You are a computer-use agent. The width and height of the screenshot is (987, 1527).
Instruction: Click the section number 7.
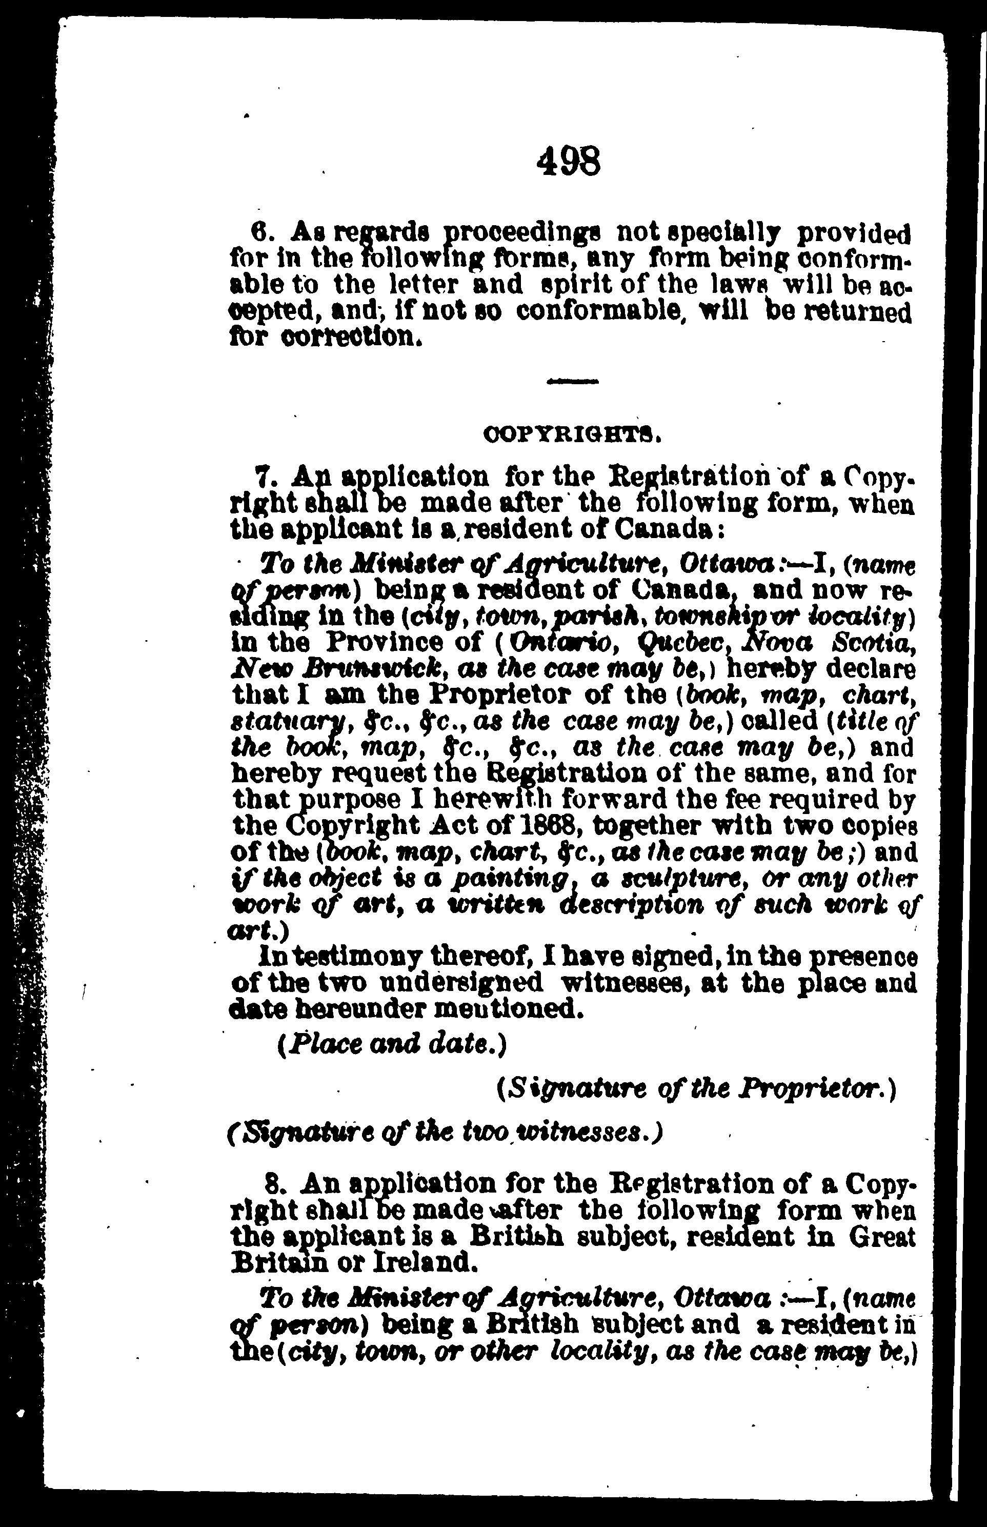[264, 478]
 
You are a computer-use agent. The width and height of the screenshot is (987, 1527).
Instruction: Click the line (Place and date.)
[392, 1045]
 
